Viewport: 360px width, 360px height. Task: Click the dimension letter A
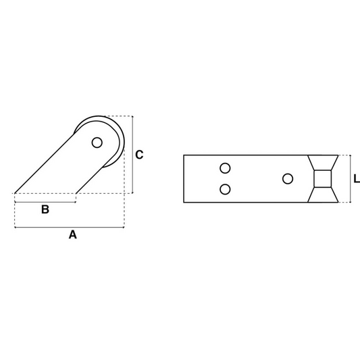point(73,235)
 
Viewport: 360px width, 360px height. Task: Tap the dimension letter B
point(45,209)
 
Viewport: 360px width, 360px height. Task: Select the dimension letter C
point(139,155)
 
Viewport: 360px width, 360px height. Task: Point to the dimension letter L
point(357,179)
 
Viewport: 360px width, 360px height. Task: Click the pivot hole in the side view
point(97,143)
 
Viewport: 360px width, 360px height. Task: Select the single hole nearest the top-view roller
point(288,178)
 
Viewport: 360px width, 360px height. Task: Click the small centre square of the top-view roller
point(323,179)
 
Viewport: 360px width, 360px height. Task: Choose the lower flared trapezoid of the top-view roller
point(323,195)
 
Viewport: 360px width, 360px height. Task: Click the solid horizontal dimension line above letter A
point(68,227)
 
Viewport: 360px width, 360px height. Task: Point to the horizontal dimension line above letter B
point(45,201)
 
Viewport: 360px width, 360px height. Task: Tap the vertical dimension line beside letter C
point(132,155)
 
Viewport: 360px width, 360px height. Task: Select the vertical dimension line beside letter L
point(351,179)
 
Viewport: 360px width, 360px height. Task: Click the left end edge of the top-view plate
point(184,179)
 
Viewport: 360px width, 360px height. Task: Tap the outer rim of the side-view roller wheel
point(123,138)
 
